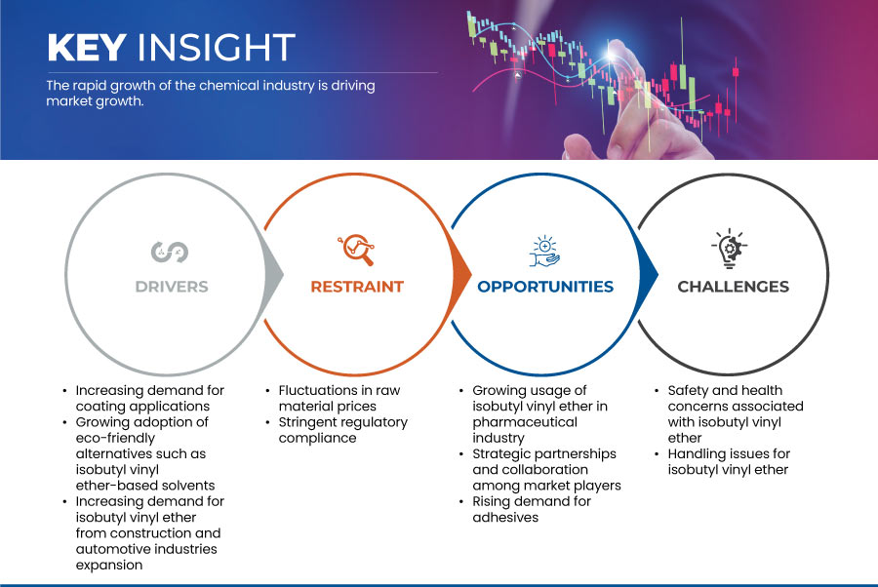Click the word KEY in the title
[87, 47]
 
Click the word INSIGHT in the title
[217, 47]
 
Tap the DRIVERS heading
[172, 287]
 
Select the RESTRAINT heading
[357, 287]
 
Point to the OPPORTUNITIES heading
[545, 287]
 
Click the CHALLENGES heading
[733, 287]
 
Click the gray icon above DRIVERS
[170, 252]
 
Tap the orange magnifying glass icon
[356, 250]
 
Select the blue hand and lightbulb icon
[544, 251]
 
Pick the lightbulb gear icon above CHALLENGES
[730, 249]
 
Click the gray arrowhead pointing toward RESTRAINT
[273, 274]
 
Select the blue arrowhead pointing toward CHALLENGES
[648, 274]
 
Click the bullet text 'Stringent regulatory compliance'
[342, 430]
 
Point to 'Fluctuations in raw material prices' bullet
[339, 398]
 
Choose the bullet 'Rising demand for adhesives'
[532, 509]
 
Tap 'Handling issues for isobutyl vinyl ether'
[729, 461]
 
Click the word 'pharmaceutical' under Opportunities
[524, 422]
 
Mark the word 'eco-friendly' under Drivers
[115, 438]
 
